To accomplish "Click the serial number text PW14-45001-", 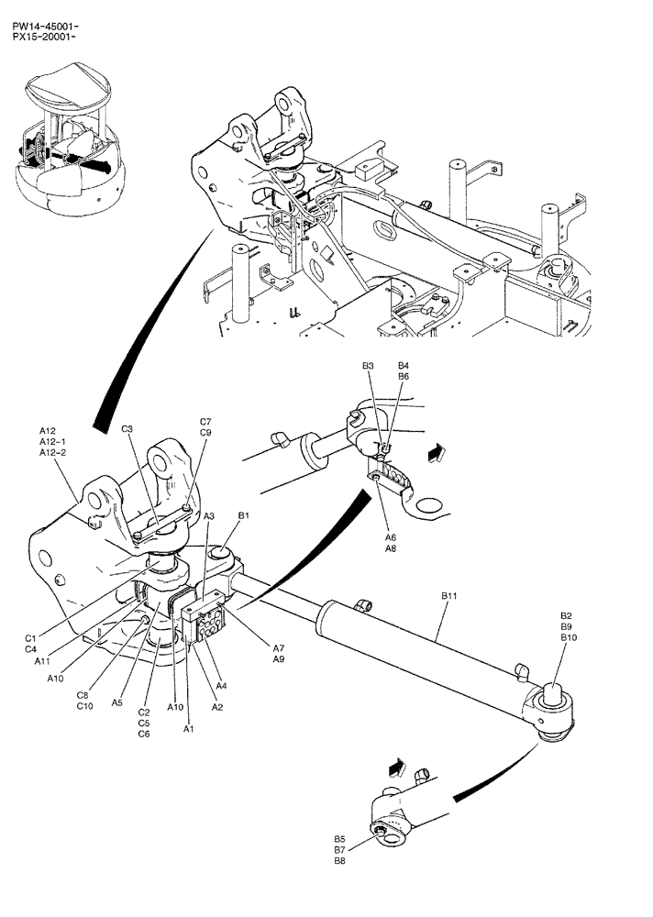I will tap(39, 14).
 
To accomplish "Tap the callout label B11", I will tap(450, 596).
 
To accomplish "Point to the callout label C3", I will tap(127, 429).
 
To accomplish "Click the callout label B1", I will tap(244, 516).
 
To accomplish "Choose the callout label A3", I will tap(209, 516).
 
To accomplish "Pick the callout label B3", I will tap(368, 366).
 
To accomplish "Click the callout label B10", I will tap(569, 637).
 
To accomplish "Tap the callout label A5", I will tap(116, 702).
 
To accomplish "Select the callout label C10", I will tap(84, 706).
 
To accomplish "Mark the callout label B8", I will tap(339, 861).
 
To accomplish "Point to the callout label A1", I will tap(189, 730).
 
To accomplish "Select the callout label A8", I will tap(390, 548).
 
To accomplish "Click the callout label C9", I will tap(205, 433).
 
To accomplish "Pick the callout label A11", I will tap(43, 660).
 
